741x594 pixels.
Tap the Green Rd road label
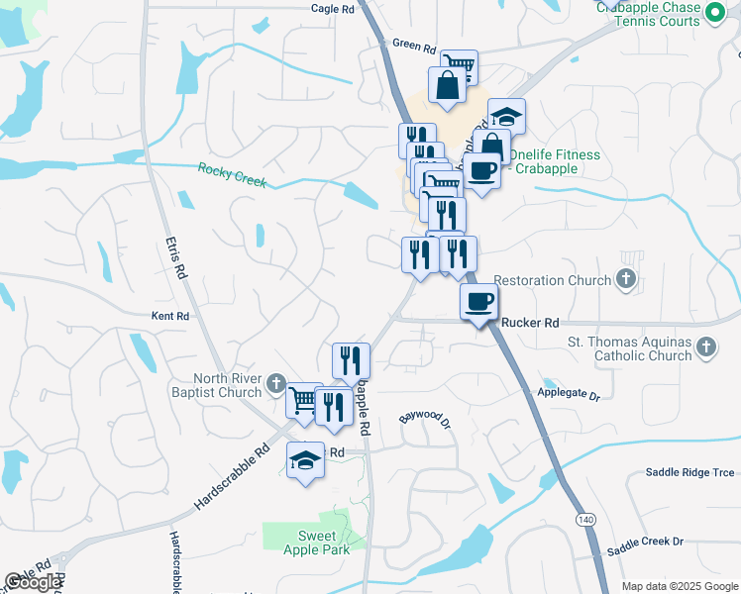click(x=413, y=44)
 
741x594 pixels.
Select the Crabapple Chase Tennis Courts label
click(x=649, y=14)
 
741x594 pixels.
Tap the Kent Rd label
click(x=169, y=317)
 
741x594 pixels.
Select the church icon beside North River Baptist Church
click(x=278, y=385)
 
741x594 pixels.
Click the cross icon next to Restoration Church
click(x=625, y=280)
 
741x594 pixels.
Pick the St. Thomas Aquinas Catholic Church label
click(x=629, y=349)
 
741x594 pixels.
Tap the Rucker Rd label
click(x=530, y=323)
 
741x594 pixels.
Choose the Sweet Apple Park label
click(x=316, y=543)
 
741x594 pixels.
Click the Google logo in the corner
click(x=34, y=582)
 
